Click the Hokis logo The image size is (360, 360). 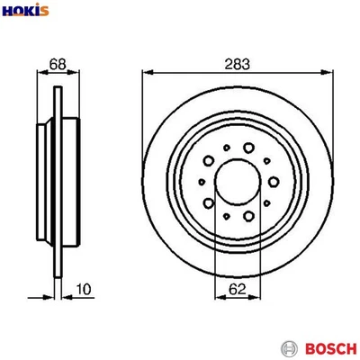pyautogui.click(x=26, y=11)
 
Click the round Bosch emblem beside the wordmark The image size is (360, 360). pyautogui.click(x=288, y=346)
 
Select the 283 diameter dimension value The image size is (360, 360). pyautogui.click(x=238, y=64)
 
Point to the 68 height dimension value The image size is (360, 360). pyautogui.click(x=58, y=64)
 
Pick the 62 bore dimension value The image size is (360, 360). pyautogui.click(x=237, y=291)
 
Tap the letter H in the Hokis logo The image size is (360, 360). pyautogui.click(x=9, y=11)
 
